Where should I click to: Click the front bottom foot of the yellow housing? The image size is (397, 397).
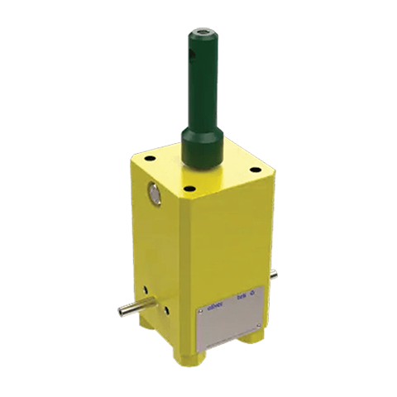point(191,356)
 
